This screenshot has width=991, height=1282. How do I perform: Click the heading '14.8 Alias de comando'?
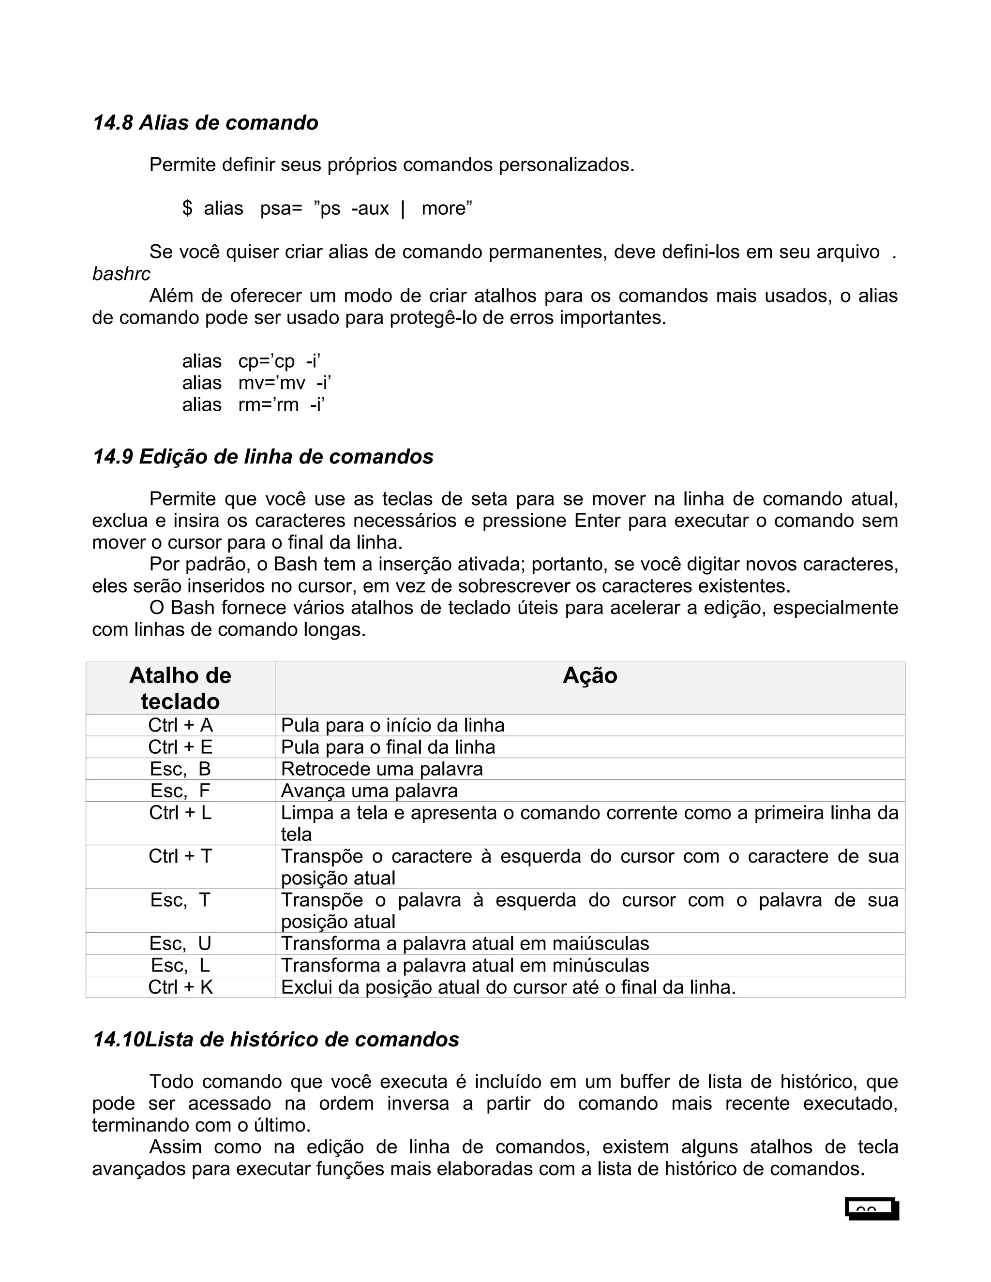pos(206,123)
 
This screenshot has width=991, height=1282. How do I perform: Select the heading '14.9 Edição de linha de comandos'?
pos(263,457)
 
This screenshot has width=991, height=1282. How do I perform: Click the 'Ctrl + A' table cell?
pos(180,726)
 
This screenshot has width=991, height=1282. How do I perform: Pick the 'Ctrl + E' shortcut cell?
pos(180,747)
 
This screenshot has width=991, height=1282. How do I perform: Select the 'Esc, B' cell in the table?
pos(180,769)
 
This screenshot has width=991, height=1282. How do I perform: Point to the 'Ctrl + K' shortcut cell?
pos(180,987)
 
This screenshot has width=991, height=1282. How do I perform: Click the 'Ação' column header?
pos(589,676)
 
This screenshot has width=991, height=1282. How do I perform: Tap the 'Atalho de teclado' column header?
pos(180,688)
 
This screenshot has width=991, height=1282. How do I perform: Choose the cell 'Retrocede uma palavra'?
pos(382,769)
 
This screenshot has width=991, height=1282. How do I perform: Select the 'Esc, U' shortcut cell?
pos(180,944)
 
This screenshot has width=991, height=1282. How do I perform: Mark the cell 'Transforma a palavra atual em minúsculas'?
pos(465,966)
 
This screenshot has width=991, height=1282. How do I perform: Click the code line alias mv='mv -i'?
pos(256,383)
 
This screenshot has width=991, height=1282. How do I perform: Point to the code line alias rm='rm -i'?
pos(254,405)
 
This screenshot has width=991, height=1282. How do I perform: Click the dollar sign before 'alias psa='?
pos(187,209)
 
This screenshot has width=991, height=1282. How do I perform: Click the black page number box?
pos(872,1208)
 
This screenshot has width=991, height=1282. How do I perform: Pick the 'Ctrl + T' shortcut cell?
pos(180,856)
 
